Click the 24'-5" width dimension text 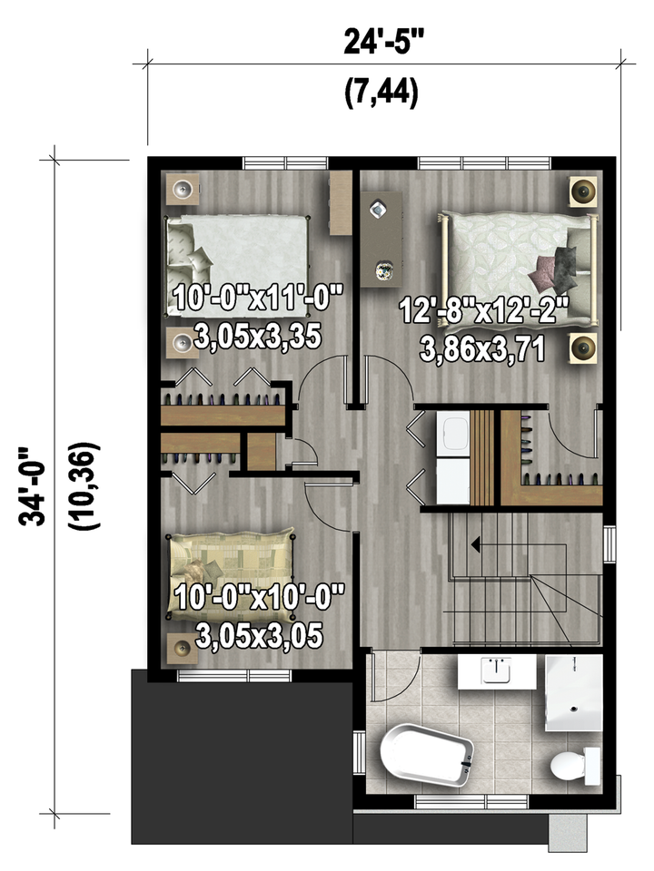tap(383, 42)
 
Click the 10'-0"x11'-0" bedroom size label tap(257, 298)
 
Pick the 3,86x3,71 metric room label tap(482, 350)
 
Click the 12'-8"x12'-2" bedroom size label tap(484, 311)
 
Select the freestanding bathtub tap(427, 755)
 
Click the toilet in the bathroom tap(576, 766)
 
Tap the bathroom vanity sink tap(496, 671)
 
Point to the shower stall tap(574, 692)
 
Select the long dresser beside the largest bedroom tap(381, 240)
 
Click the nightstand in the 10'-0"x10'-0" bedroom tap(183, 648)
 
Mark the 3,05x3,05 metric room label tap(260, 637)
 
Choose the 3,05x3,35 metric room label tap(258, 336)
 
